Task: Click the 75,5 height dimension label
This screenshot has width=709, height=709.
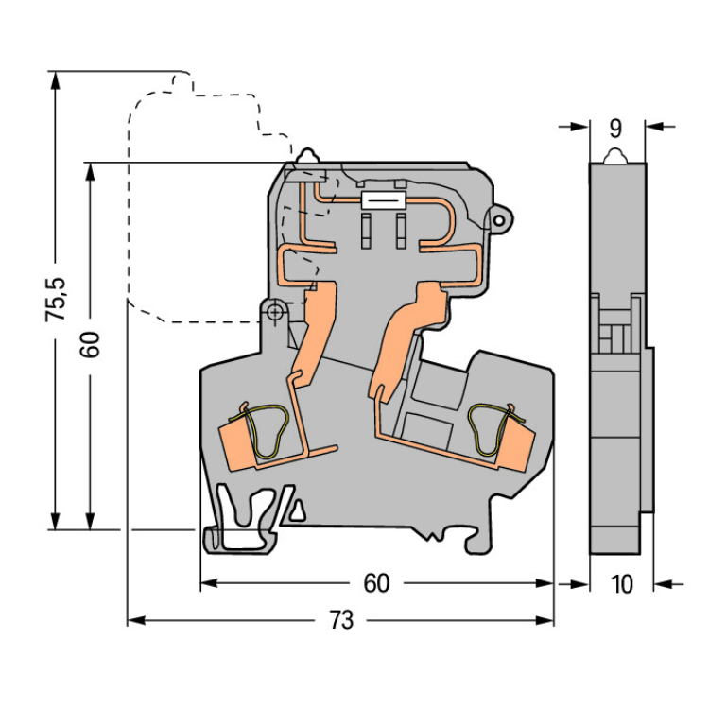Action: [x=56, y=300]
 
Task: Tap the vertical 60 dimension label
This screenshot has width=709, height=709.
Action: [x=90, y=344]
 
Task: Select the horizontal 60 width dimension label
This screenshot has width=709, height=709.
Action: [x=376, y=583]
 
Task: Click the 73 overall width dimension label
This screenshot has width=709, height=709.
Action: [x=341, y=620]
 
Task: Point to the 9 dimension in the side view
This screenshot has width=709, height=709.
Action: [x=615, y=129]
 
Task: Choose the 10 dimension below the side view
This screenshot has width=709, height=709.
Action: [x=621, y=584]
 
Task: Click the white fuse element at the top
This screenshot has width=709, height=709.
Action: [x=383, y=200]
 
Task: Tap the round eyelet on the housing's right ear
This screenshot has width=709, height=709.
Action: [x=499, y=220]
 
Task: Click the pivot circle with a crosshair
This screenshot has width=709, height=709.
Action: [x=274, y=312]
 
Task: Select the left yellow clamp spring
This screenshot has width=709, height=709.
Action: [x=262, y=430]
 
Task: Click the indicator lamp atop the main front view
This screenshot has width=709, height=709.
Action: [x=307, y=156]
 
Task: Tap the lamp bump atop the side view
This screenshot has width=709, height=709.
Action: [x=615, y=156]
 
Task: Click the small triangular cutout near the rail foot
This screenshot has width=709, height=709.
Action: [x=297, y=510]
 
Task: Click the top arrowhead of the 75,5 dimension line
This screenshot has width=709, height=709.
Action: [x=55, y=78]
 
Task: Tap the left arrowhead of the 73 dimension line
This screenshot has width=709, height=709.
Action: [x=135, y=620]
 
